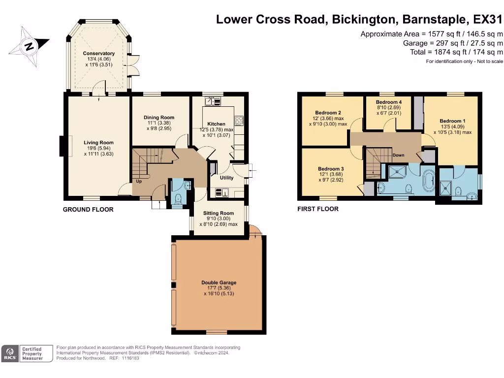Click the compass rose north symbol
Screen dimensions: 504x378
click(x=29, y=47)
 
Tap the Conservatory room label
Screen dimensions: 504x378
click(x=98, y=53)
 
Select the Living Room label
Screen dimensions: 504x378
click(x=98, y=142)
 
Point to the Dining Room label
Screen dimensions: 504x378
click(x=159, y=117)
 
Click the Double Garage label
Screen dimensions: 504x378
click(x=219, y=283)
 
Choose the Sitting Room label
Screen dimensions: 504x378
click(x=219, y=213)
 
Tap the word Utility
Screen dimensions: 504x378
click(x=226, y=178)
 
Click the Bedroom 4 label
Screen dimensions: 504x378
click(x=389, y=102)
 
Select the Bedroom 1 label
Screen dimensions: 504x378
click(x=453, y=121)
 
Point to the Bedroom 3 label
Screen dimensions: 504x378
click(x=331, y=169)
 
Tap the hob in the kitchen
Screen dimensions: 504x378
click(x=239, y=121)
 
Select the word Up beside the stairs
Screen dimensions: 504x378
click(x=139, y=181)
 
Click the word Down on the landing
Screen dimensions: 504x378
click(x=398, y=155)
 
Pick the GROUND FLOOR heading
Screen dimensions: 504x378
click(x=88, y=210)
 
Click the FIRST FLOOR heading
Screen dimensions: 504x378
click(x=318, y=209)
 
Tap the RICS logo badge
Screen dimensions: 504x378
click(x=10, y=353)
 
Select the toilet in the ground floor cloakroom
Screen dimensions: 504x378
click(x=177, y=199)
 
